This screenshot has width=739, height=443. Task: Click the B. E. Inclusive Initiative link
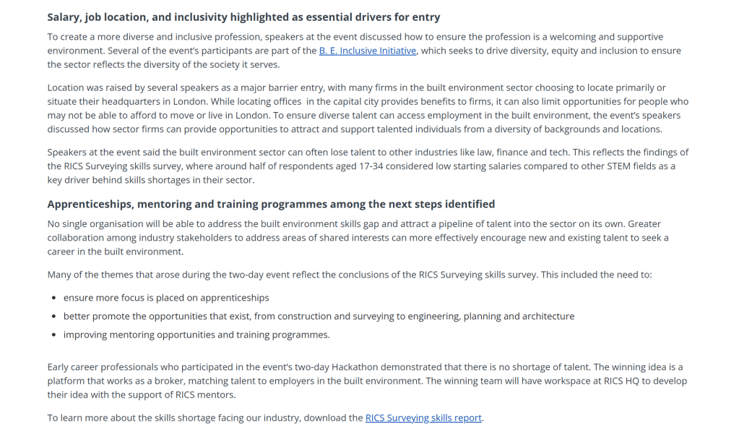pyautogui.click(x=367, y=51)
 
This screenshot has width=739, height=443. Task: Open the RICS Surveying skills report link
pyautogui.click(x=423, y=418)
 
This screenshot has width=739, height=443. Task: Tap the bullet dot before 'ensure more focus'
pyautogui.click(x=54, y=298)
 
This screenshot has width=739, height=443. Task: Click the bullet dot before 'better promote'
pyautogui.click(x=54, y=317)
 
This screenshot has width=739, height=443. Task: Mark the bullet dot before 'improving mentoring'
pyautogui.click(x=54, y=335)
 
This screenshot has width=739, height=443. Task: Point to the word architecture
pyautogui.click(x=547, y=317)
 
